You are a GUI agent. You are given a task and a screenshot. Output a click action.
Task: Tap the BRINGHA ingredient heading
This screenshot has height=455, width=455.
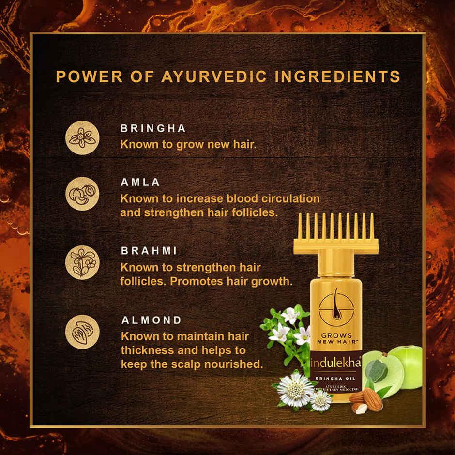click(153, 129)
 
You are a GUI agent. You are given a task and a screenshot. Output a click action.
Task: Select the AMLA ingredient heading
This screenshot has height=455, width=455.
click(140, 182)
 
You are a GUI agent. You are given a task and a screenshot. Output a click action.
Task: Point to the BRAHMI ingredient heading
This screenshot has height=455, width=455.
click(149, 252)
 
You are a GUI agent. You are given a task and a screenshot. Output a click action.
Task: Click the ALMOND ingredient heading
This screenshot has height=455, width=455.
click(152, 320)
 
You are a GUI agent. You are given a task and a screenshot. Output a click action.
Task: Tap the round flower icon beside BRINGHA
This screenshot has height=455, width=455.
click(82, 137)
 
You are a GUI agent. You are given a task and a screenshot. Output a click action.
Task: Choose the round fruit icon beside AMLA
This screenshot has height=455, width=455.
click(82, 193)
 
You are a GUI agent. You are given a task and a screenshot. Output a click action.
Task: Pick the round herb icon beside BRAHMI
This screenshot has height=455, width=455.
click(82, 262)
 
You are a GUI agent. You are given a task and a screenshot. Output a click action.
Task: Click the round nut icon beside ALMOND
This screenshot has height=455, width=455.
click(82, 332)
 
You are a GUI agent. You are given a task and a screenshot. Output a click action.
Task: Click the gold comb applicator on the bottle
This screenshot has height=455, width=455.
click(335, 235)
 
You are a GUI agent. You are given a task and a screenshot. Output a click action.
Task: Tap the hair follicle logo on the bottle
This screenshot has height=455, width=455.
click(335, 305)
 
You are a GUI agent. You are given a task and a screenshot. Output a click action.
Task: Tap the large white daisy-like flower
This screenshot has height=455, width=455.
click(295, 389)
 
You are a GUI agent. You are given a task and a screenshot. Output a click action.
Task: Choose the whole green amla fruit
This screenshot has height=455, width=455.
click(406, 366)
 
